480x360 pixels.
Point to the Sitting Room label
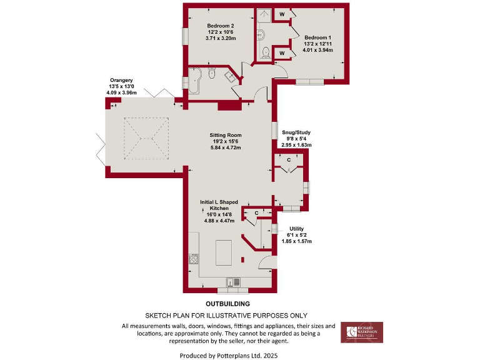(x=226, y=135)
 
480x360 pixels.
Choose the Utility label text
(x=296, y=229)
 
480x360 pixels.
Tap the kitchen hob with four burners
(x=194, y=260)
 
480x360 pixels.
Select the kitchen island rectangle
(x=224, y=253)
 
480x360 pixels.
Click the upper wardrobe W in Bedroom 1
(x=282, y=14)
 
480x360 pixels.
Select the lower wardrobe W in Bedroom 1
(x=282, y=53)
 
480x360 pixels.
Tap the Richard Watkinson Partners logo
(x=362, y=332)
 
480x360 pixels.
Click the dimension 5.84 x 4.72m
(x=226, y=148)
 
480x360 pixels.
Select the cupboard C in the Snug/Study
(x=288, y=161)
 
